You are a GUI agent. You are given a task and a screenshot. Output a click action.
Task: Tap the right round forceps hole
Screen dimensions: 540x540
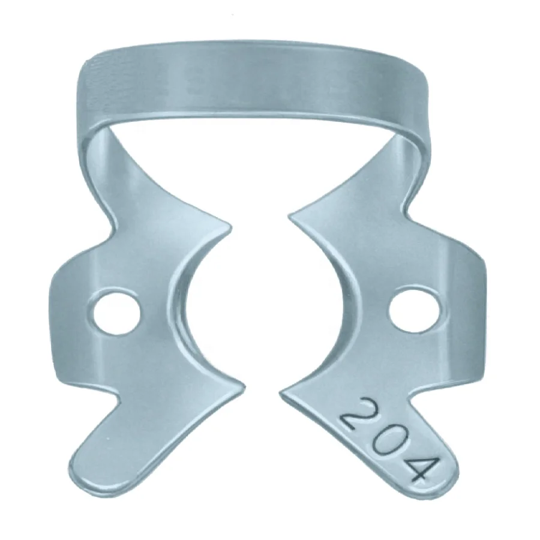pyautogui.click(x=414, y=307)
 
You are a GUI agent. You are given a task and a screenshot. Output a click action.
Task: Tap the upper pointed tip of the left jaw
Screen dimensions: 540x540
pyautogui.click(x=230, y=224)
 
